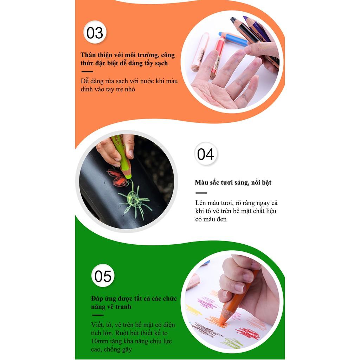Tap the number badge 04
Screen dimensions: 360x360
[x=205, y=154]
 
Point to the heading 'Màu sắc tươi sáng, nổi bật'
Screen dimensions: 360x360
[x=233, y=182]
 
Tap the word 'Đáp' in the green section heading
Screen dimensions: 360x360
[x=97, y=299]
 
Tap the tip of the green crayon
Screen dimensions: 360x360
[x=128, y=176]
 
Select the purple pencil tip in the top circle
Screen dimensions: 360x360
[x=245, y=18]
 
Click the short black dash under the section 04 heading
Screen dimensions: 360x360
[x=201, y=193]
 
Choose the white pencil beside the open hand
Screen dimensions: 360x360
[x=200, y=52]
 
